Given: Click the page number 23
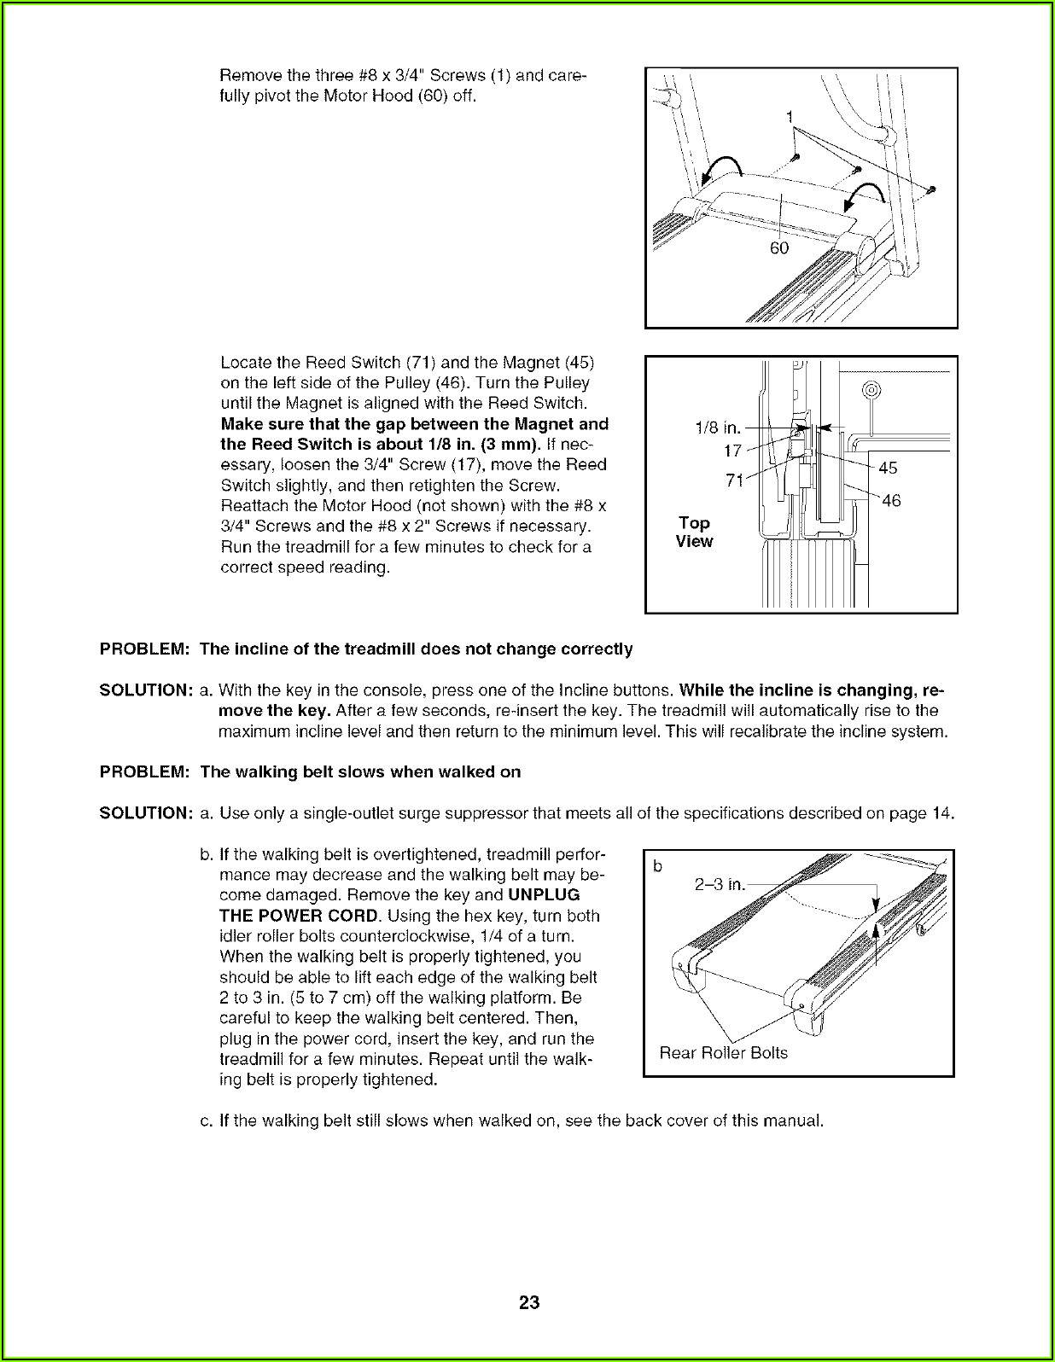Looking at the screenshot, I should click(528, 1302).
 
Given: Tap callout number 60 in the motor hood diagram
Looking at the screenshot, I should click(779, 248).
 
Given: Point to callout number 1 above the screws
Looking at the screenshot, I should click(790, 116).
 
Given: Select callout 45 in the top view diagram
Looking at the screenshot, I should click(888, 468).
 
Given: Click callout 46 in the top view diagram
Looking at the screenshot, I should click(891, 500).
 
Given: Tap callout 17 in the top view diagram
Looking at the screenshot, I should click(733, 450).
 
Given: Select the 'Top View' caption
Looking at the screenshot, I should click(694, 532).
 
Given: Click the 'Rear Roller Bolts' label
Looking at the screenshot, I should click(723, 1052).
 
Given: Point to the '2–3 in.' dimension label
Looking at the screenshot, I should click(720, 885).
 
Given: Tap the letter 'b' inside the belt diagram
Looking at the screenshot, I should click(657, 867).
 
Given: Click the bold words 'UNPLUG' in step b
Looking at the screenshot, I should click(544, 895).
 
